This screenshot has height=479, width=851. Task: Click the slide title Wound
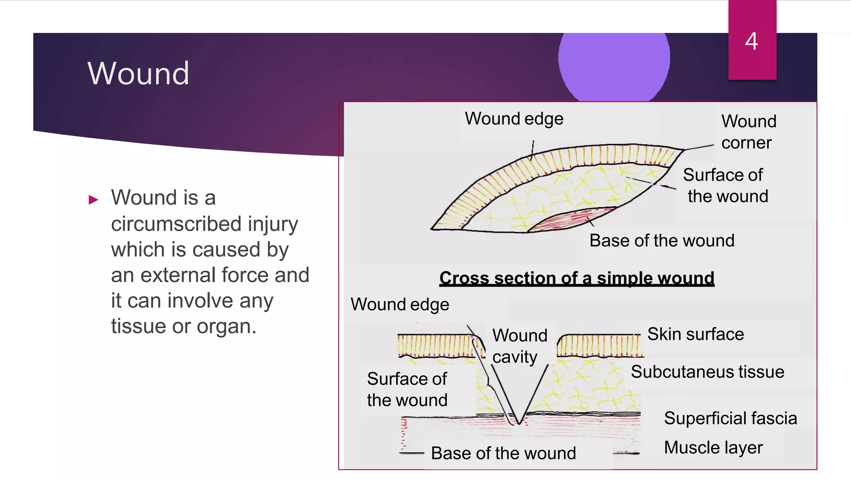coord(138,74)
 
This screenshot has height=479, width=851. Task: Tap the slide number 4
coord(751,42)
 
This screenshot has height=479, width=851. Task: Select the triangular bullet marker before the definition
coord(93,200)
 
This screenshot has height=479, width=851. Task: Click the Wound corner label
coord(748,132)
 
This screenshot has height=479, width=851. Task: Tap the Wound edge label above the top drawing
coord(514,119)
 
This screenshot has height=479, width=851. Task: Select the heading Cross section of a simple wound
coord(577,278)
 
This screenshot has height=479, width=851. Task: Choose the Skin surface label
coord(695,334)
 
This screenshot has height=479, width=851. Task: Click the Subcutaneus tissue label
coord(707,372)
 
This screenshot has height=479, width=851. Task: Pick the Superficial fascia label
coord(730,418)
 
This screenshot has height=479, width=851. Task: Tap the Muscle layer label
coord(713,448)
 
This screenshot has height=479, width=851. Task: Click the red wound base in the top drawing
coord(573,220)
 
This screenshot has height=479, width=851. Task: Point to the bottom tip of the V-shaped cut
coord(519,423)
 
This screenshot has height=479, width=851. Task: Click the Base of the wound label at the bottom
coord(503,453)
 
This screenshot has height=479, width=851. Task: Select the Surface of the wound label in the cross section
coord(407,390)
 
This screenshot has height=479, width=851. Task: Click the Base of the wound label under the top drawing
coord(662,241)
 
